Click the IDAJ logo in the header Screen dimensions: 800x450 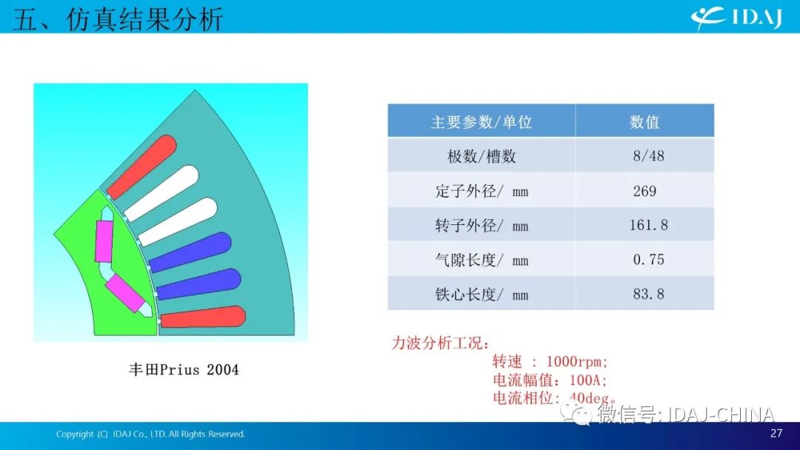[736, 18]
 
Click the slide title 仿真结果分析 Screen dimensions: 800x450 [144, 19]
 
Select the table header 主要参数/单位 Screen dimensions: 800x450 [481, 122]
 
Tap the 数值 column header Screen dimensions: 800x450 [644, 122]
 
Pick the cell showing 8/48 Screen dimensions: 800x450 [648, 156]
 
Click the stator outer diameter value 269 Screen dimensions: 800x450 [645, 191]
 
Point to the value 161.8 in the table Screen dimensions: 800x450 [648, 225]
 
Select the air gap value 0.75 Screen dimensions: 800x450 [648, 259]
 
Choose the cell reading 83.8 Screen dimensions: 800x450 [648, 294]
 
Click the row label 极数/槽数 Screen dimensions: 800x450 [481, 156]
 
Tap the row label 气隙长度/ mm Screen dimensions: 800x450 [481, 260]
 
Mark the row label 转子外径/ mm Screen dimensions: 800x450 [481, 225]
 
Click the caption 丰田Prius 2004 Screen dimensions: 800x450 [184, 369]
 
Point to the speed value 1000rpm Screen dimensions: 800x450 [576, 362]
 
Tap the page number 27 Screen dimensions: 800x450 [776, 433]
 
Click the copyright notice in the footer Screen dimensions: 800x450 [150, 434]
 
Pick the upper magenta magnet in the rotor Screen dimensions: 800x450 [104, 241]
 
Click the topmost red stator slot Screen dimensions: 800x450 [141, 167]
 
